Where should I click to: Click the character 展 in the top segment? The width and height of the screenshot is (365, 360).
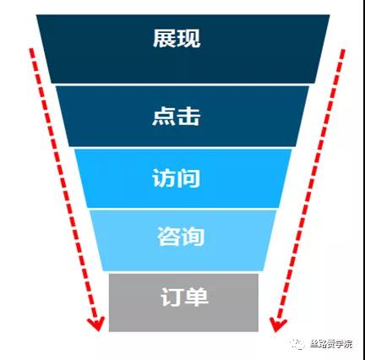click(x=165, y=38)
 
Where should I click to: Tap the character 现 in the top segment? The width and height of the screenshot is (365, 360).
click(x=188, y=38)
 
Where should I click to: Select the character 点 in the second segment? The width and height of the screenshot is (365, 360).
click(x=164, y=116)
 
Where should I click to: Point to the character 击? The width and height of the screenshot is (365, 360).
click(x=188, y=116)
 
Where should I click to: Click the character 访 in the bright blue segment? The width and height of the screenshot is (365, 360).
click(x=164, y=178)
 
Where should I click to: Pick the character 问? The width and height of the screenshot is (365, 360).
click(x=188, y=178)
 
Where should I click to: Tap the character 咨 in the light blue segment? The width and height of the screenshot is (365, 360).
click(x=168, y=236)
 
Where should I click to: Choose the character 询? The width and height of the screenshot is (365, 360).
click(x=193, y=236)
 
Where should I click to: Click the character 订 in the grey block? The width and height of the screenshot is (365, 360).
click(x=172, y=297)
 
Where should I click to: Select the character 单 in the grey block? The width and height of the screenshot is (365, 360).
click(x=196, y=297)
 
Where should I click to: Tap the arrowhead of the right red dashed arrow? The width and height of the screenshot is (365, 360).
click(x=277, y=325)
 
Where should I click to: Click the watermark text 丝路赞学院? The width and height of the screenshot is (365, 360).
click(x=331, y=344)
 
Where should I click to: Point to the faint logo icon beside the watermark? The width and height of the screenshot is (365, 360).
click(x=298, y=344)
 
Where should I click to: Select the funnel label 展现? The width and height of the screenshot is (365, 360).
click(x=177, y=38)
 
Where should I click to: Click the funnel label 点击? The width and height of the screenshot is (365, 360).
click(x=177, y=116)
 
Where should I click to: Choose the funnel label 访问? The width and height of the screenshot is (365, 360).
click(x=177, y=178)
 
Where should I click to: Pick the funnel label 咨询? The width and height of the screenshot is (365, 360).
click(x=181, y=236)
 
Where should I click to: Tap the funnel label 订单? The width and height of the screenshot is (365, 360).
click(x=184, y=297)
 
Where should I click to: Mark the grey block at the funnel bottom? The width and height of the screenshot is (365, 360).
click(x=183, y=303)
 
